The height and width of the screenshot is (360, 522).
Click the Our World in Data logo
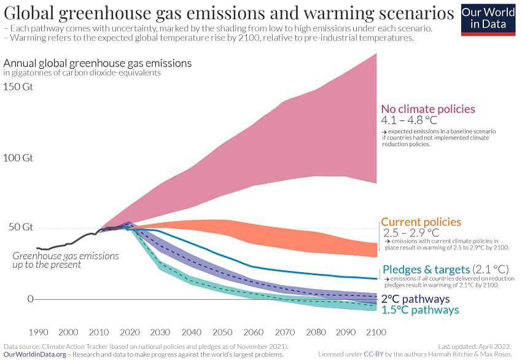(x=488, y=18)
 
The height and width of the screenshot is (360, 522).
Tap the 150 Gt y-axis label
(x=18, y=87)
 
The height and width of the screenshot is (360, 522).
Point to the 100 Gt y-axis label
(x=18, y=158)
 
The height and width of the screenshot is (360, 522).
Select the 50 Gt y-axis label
(x=18, y=227)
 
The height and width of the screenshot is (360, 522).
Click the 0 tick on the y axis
(x=29, y=299)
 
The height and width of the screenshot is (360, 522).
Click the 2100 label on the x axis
(x=375, y=332)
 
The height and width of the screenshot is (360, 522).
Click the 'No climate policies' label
(x=428, y=109)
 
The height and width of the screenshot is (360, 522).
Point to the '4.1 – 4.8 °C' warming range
(x=410, y=120)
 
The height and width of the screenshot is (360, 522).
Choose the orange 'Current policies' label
(x=421, y=222)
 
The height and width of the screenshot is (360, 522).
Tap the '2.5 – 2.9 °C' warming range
(x=411, y=233)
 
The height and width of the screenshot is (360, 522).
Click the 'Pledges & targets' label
(x=426, y=269)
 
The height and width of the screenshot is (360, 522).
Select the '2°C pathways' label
(x=415, y=299)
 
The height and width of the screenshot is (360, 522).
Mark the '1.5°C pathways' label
(x=419, y=310)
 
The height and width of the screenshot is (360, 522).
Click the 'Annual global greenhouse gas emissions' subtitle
(x=98, y=63)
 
